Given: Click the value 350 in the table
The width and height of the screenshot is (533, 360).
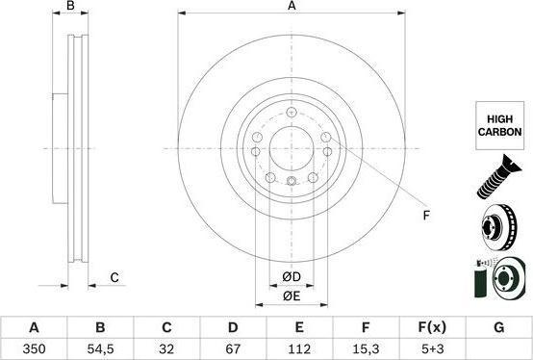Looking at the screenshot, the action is pos(34,348).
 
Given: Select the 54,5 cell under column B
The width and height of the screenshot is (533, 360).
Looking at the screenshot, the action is pos(100,348).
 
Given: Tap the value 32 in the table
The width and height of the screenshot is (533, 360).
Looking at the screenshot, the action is pos(166,348).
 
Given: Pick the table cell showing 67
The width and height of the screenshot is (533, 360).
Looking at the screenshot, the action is pos(233,348).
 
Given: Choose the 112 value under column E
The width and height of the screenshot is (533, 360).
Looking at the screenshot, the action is pos(299,348).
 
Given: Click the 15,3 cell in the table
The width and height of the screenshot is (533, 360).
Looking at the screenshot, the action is pos(366,348).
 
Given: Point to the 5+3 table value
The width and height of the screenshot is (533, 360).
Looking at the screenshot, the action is pos(432,348).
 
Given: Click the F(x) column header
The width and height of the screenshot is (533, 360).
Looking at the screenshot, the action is pos(432,327).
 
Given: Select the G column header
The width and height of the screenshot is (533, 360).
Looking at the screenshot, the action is pos(498,327).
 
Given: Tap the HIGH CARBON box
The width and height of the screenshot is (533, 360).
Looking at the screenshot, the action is pos(499,125).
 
